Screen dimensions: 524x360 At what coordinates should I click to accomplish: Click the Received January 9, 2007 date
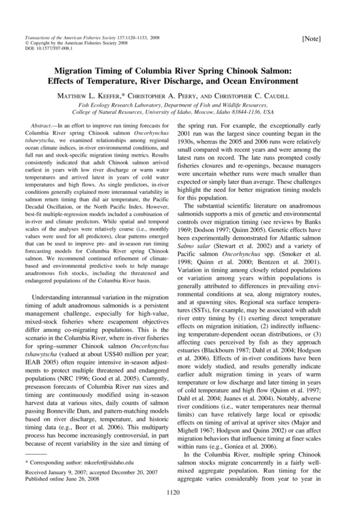pos(69,474)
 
